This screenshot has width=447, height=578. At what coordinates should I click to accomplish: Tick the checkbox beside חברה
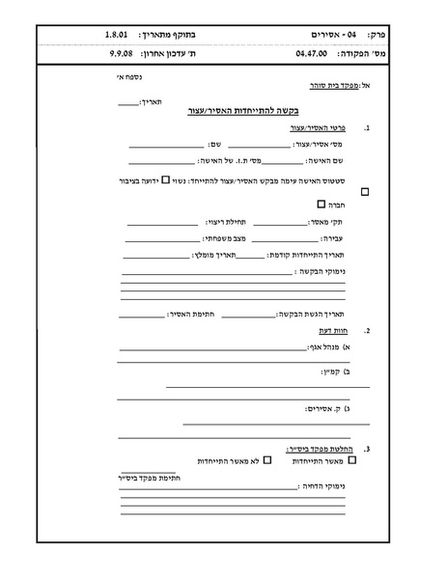321,205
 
